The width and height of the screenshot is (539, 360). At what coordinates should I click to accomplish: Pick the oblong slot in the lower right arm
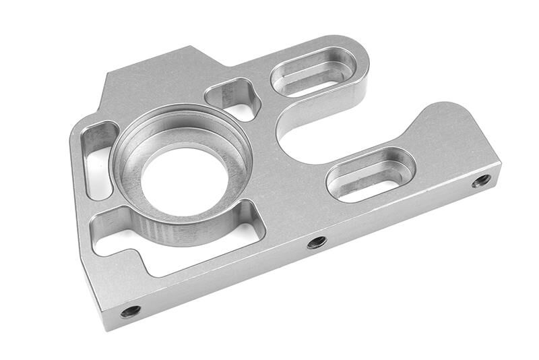370,173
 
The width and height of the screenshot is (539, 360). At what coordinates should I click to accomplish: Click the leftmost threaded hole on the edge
130,311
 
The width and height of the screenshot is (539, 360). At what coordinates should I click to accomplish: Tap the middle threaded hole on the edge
317,242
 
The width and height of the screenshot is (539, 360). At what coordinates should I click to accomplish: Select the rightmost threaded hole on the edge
481,181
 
